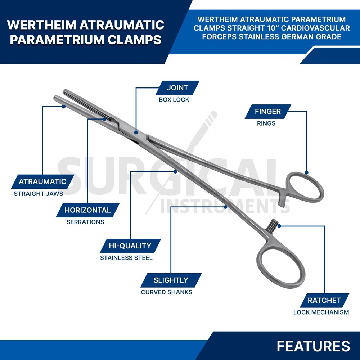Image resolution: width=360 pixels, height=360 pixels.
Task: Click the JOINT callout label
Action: point(177,88)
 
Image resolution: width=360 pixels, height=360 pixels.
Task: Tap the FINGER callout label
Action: point(268,112)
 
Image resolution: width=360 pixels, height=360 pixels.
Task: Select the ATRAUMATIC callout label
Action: point(42,181)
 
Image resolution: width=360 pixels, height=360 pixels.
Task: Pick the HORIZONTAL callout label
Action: point(87,210)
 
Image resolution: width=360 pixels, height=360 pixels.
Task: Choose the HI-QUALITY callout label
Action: point(130,246)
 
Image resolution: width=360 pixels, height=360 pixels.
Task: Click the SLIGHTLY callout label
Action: point(171,280)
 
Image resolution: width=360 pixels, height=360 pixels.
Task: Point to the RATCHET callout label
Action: point(324,300)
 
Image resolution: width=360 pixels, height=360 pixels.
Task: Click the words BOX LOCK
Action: point(174,100)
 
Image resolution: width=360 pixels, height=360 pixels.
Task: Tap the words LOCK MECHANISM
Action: point(321,312)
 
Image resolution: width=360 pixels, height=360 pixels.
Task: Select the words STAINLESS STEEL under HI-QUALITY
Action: point(126,258)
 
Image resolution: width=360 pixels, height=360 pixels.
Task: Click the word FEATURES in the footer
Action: point(314,346)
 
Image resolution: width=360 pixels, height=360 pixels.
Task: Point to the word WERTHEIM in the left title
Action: point(41,25)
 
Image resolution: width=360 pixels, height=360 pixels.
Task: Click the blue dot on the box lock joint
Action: point(136,132)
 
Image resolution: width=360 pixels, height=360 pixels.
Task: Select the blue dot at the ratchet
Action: point(279,226)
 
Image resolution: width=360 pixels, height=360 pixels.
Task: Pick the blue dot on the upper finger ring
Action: point(306,173)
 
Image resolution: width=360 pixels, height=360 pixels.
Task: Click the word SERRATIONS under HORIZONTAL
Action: point(85,222)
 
